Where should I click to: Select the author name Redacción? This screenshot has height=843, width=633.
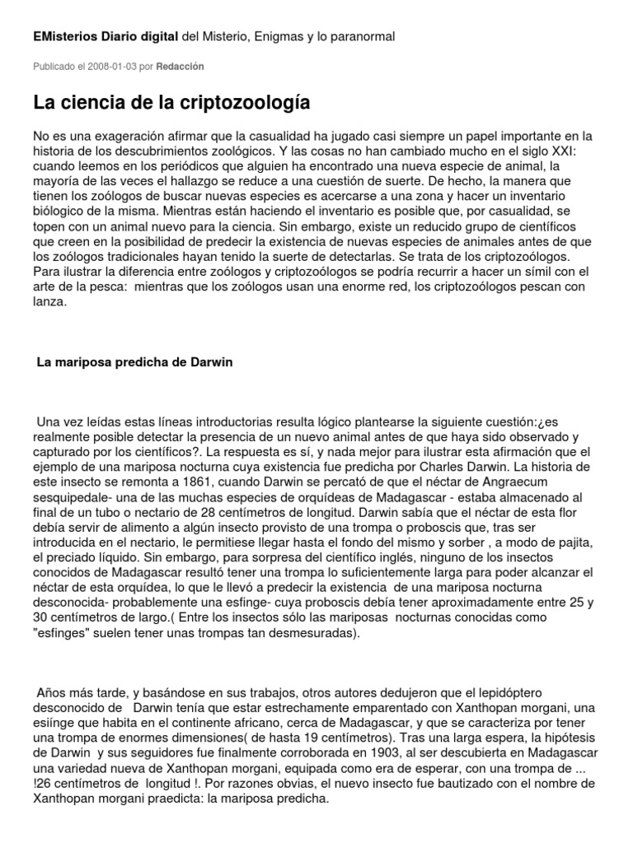pyautogui.click(x=181, y=66)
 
